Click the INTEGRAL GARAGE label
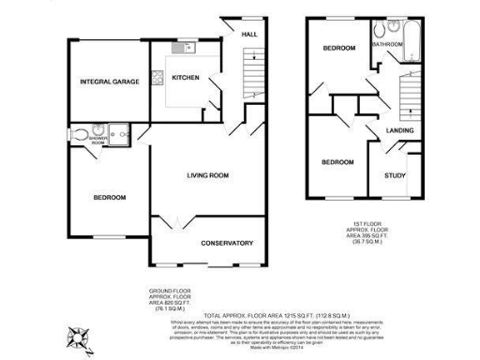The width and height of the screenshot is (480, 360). point(109,82)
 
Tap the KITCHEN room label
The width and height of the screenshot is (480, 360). point(185,78)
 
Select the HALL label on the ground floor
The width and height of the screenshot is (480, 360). point(249,35)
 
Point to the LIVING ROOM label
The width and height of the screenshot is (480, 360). point(208,175)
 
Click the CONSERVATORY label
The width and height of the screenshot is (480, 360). point(227,243)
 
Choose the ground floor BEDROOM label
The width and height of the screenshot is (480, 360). point(109,197)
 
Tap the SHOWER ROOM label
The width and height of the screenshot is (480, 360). point(97,139)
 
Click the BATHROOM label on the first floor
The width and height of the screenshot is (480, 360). point(387,44)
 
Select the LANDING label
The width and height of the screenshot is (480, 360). point(400,131)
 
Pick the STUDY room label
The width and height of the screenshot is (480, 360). point(395,175)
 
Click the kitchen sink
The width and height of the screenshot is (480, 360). point(178,47)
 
